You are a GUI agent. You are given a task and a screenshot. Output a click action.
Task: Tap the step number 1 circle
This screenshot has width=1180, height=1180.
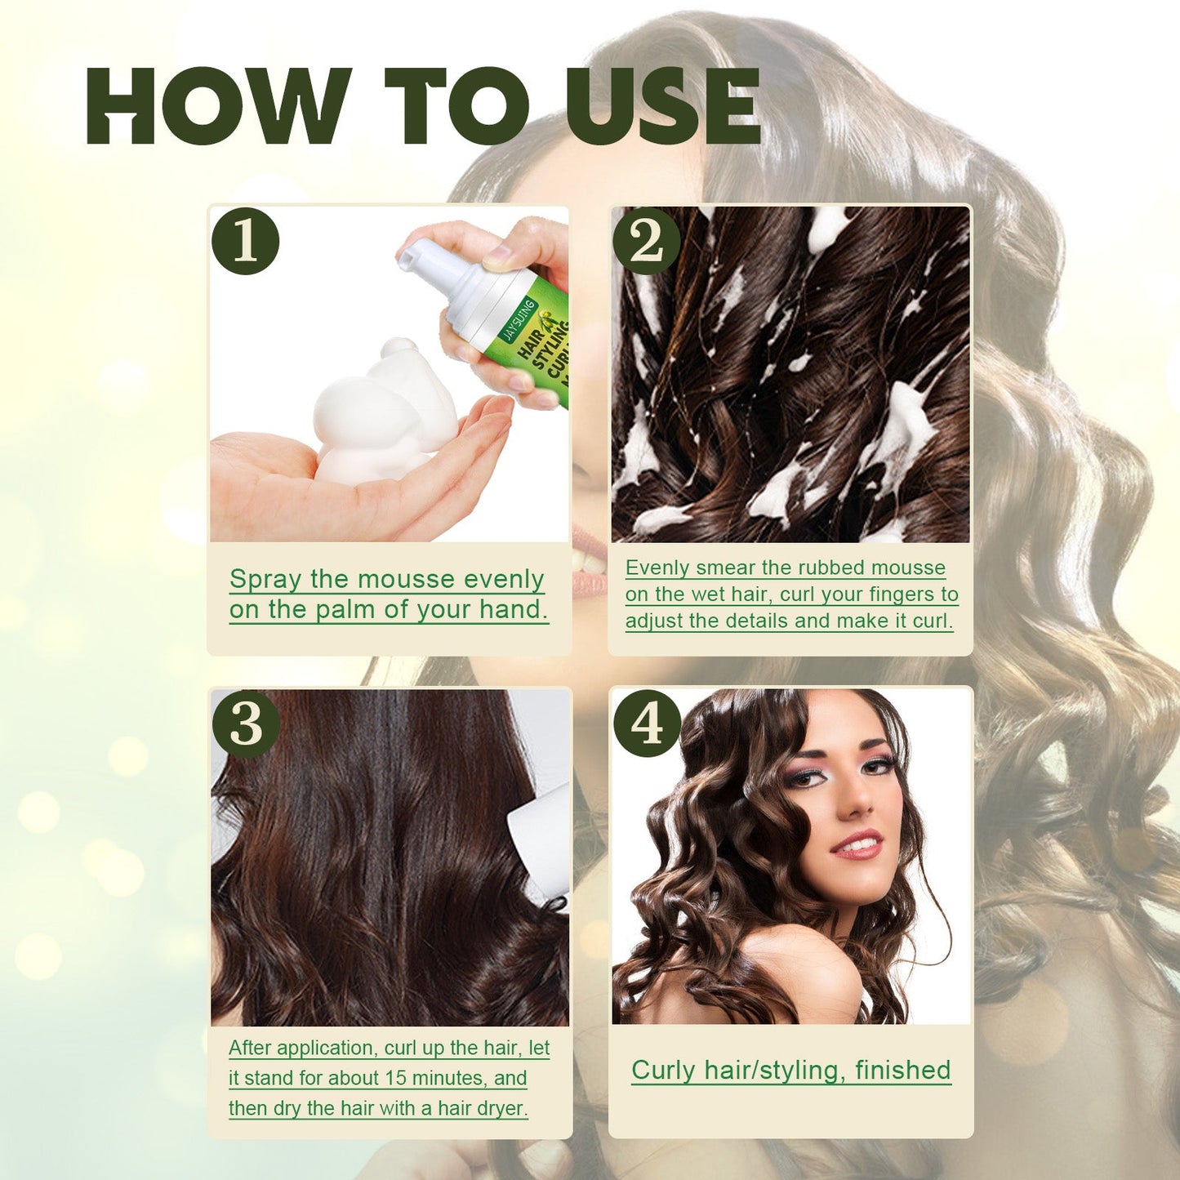pos(245,242)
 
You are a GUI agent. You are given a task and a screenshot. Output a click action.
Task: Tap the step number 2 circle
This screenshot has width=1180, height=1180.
pos(646,242)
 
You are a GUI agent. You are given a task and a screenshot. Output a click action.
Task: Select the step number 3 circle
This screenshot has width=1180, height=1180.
pos(245,724)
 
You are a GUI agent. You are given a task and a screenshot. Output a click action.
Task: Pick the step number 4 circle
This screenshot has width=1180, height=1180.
pos(646,724)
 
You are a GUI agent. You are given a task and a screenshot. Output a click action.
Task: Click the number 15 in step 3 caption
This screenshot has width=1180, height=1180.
pos(395,1078)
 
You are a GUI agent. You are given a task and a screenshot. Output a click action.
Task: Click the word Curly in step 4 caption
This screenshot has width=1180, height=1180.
pos(664,1070)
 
